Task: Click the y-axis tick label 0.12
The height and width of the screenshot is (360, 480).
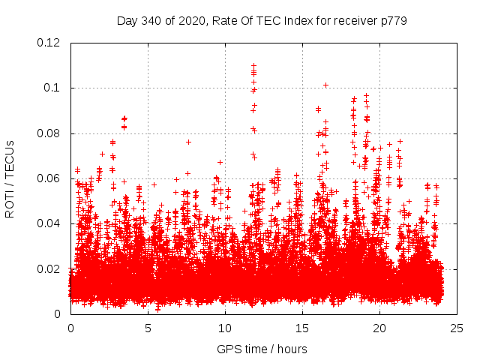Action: click(x=49, y=43)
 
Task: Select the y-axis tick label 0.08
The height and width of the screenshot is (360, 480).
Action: click(x=49, y=133)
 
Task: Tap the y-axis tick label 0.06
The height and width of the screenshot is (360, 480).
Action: click(x=49, y=178)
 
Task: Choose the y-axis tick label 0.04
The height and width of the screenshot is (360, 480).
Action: click(x=49, y=223)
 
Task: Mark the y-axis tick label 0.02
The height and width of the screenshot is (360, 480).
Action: click(x=49, y=269)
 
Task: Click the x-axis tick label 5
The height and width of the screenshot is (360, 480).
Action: click(x=148, y=328)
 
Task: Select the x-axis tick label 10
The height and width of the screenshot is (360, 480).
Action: click(x=225, y=328)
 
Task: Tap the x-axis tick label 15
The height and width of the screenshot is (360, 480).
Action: click(x=302, y=328)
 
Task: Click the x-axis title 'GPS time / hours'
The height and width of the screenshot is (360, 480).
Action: click(x=262, y=349)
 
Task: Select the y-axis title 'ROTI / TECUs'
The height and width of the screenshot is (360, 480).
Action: click(x=10, y=178)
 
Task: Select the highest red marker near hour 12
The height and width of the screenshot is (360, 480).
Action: click(x=253, y=65)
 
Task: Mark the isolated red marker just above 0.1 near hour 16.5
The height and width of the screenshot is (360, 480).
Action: click(x=325, y=85)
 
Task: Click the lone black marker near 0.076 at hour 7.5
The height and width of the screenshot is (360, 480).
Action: click(x=188, y=142)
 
